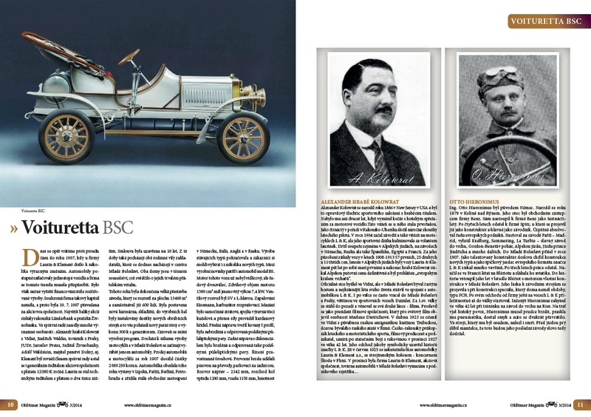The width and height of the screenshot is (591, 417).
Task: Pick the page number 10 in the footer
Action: pos(12,404)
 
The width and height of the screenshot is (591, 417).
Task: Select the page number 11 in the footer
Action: pos(580,404)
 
